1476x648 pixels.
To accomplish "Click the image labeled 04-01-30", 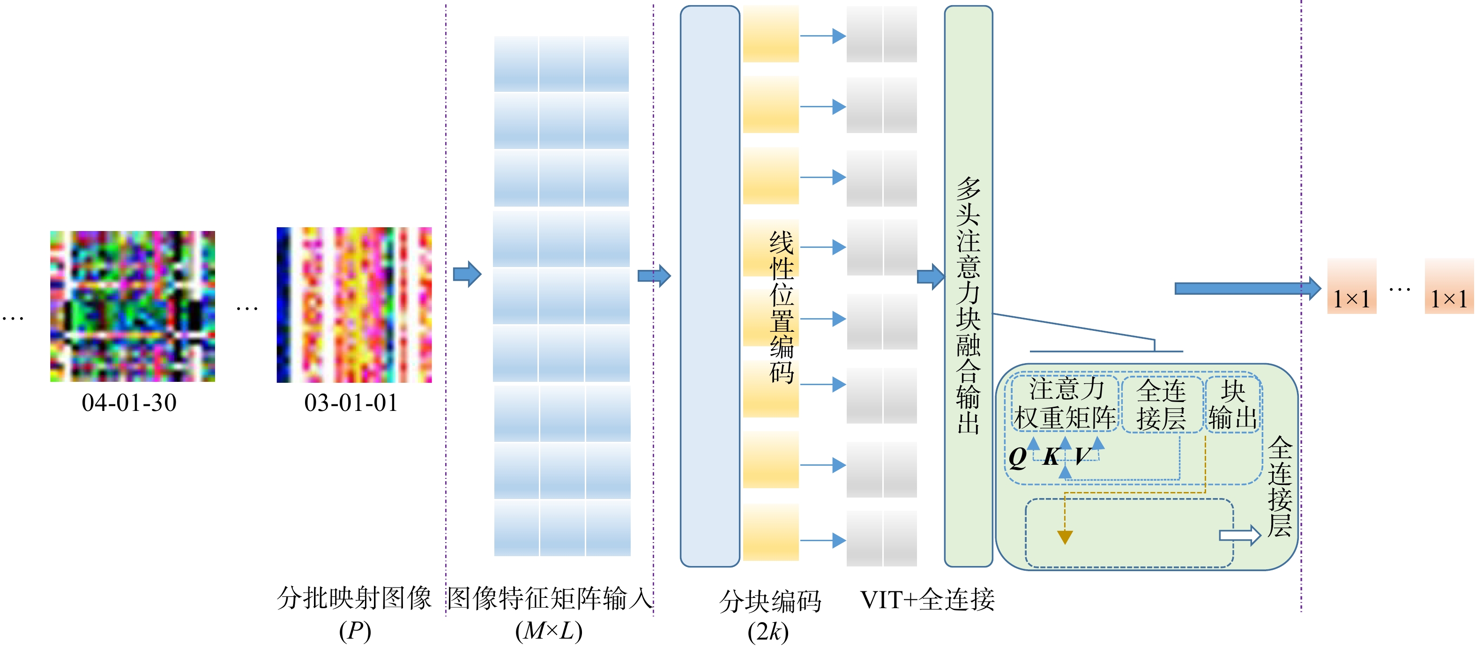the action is click(132, 306).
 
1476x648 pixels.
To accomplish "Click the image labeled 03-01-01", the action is click(354, 305).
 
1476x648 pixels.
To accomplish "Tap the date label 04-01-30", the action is click(129, 403).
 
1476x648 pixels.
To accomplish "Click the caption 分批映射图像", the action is click(354, 598).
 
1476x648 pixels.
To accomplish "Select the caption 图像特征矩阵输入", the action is click(550, 598).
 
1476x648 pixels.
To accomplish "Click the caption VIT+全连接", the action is click(927, 600).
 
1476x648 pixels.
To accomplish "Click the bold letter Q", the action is click(1018, 458).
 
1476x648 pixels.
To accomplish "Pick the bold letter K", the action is click(1051, 457).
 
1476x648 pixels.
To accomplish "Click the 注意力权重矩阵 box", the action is click(1065, 403).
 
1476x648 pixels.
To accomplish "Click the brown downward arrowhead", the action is click(1065, 537).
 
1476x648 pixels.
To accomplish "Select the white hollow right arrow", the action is click(1240, 535).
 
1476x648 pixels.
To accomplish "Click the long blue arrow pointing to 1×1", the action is click(1248, 288).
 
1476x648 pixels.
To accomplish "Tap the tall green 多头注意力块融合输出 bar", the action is click(969, 286).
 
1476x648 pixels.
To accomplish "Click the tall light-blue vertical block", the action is click(710, 286).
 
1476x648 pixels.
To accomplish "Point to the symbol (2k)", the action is click(768, 632).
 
